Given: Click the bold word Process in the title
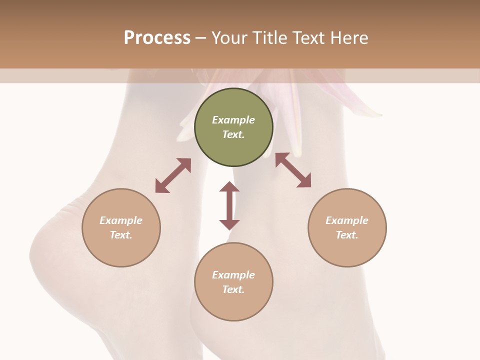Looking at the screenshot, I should (157, 38).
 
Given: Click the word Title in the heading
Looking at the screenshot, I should (269, 38).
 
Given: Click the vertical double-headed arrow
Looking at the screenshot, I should (229, 206).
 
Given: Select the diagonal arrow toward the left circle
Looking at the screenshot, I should (173, 175).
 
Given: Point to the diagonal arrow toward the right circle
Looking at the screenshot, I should (293, 170).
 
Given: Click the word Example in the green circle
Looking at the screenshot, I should (233, 120).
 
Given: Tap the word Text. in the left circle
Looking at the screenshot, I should (121, 235).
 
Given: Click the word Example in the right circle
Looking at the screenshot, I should (347, 220).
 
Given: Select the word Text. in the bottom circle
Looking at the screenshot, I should (233, 289).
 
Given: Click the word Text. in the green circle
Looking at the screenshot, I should (233, 134).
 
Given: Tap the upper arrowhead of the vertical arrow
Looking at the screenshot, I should (229, 186).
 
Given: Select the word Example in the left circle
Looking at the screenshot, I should (121, 220).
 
